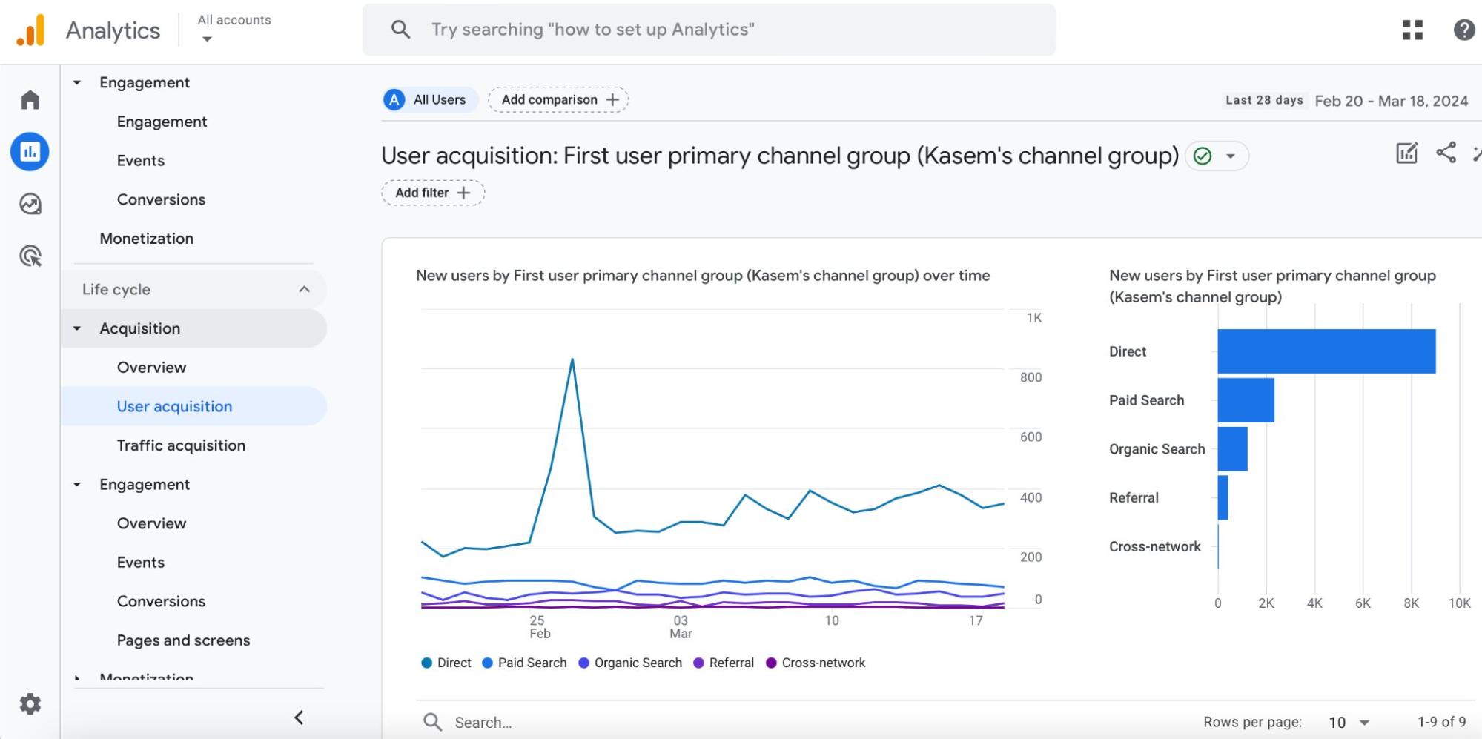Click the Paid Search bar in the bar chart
(1246, 400)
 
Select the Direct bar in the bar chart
(1326, 351)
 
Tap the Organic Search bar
(1232, 449)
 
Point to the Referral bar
(1223, 498)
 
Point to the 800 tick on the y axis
(1031, 377)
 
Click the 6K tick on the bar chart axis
(1363, 603)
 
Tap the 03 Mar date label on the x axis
(681, 626)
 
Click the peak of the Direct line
(572, 359)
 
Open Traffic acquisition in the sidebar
(181, 445)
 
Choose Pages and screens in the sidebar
(183, 640)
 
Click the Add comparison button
(558, 100)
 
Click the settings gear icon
(30, 704)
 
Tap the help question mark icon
(1463, 30)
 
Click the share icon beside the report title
(1446, 153)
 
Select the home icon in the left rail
(30, 100)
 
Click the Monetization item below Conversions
(147, 239)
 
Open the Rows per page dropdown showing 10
(1349, 722)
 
